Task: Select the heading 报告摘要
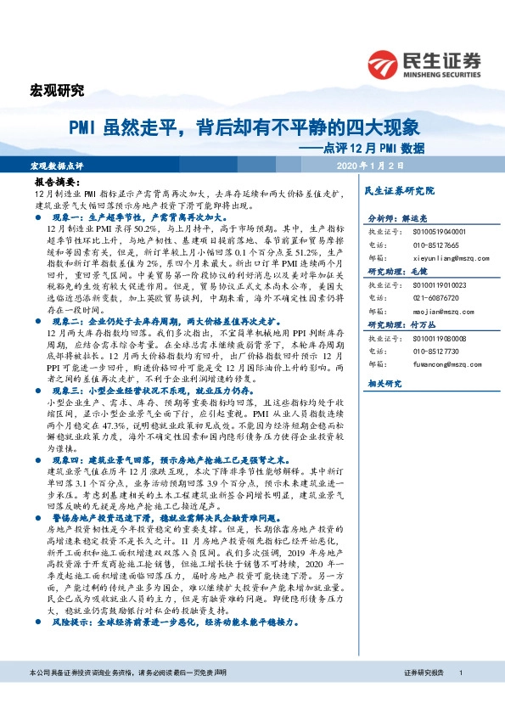[x=59, y=182]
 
